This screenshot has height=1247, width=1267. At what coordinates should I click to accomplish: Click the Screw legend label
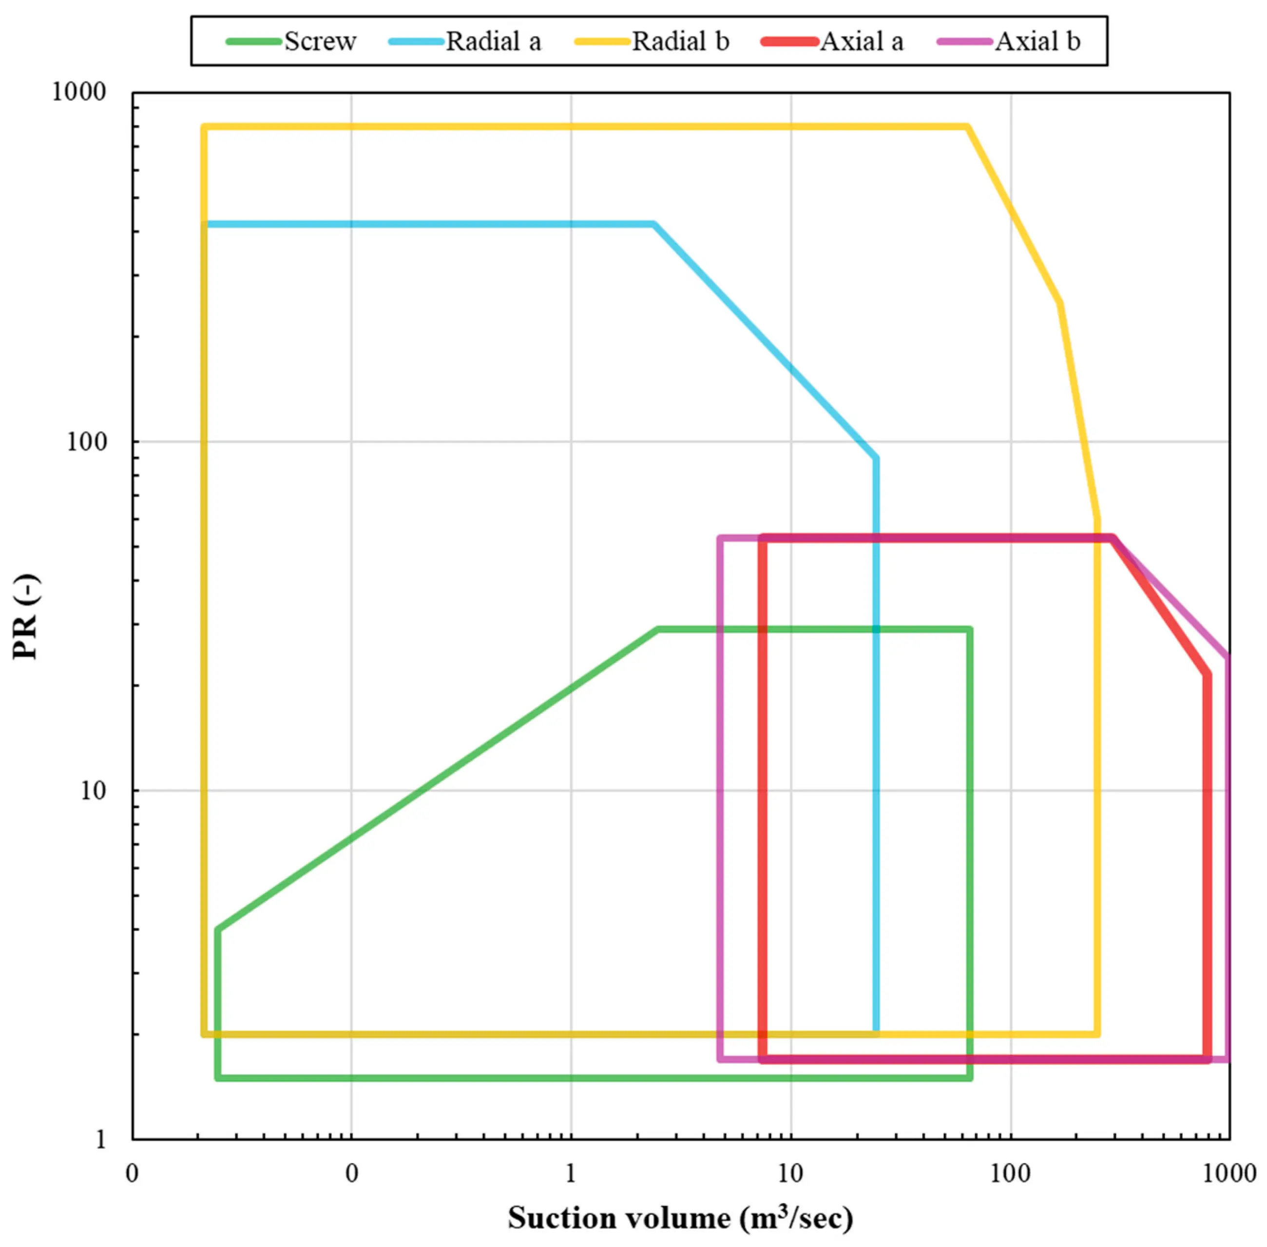coord(320,42)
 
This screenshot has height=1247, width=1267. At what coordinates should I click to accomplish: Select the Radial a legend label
coord(494,42)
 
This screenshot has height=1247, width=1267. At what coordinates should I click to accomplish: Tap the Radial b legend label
coord(680,42)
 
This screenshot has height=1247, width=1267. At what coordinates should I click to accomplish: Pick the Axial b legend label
coord(1037,42)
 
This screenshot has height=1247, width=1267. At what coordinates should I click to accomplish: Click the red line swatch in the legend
coord(790,42)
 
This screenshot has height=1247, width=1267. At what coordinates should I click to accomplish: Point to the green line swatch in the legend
coord(254,42)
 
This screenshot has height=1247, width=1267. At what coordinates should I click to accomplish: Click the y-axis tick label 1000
coord(78,92)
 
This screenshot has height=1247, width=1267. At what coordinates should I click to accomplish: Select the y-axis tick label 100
coord(86,441)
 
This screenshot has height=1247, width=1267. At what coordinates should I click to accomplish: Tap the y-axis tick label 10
coord(93,791)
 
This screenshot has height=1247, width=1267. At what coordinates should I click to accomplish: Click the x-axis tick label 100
coord(1010,1173)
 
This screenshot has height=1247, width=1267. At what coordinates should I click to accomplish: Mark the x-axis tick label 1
coord(571,1173)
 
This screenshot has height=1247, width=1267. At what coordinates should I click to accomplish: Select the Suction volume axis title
coord(681,1218)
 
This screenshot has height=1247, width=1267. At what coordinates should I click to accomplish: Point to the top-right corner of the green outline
coord(969,630)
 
